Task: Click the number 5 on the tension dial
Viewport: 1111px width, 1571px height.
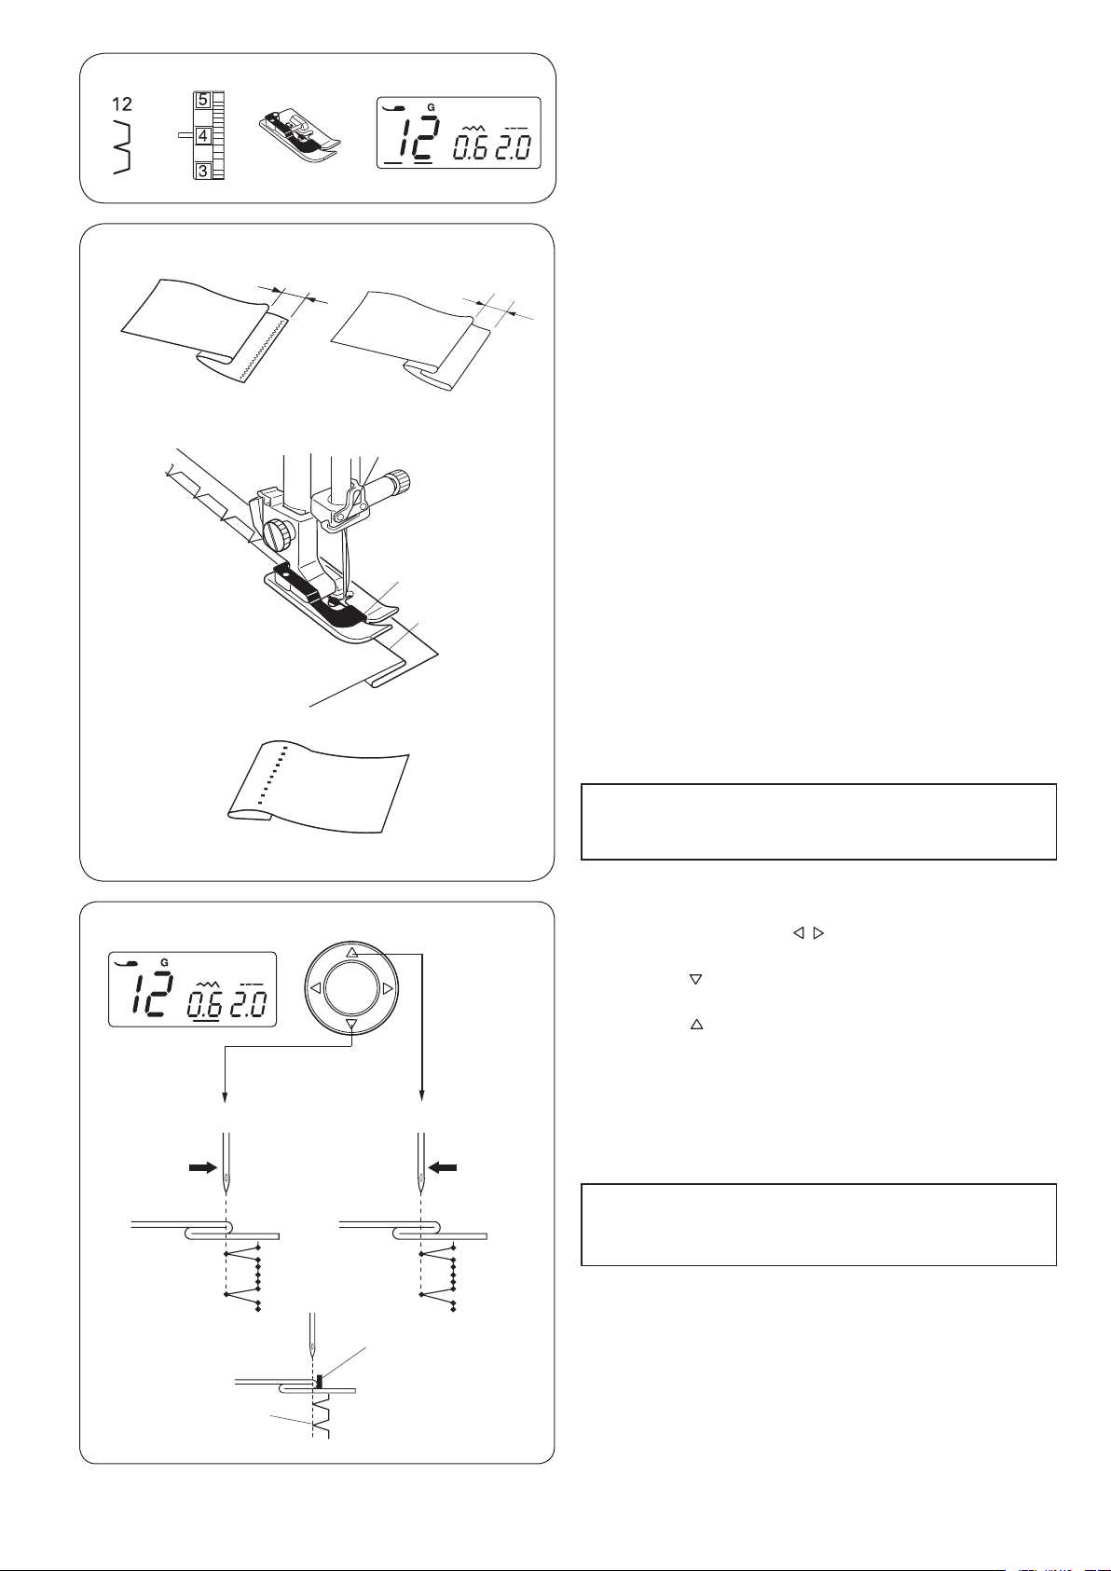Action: (x=202, y=100)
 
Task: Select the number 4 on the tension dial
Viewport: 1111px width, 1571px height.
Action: (x=202, y=134)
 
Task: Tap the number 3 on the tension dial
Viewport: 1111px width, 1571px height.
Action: (x=202, y=171)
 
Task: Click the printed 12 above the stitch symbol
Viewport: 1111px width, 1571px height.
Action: (x=121, y=104)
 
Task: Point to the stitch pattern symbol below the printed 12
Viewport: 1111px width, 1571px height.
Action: (x=122, y=146)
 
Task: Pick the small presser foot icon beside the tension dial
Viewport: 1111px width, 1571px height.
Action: (x=299, y=135)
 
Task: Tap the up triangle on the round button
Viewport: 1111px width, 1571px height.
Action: (x=352, y=952)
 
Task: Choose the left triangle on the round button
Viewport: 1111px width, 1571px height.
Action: (x=315, y=988)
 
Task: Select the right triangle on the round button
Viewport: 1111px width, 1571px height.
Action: (x=389, y=988)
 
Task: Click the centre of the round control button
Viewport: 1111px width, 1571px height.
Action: (x=352, y=988)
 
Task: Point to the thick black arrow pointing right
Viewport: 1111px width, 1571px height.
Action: (x=202, y=1167)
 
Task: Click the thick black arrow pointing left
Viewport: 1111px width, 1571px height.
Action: (x=443, y=1167)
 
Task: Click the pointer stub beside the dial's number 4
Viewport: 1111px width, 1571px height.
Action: (x=185, y=133)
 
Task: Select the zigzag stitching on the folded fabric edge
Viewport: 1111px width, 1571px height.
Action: (x=263, y=350)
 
